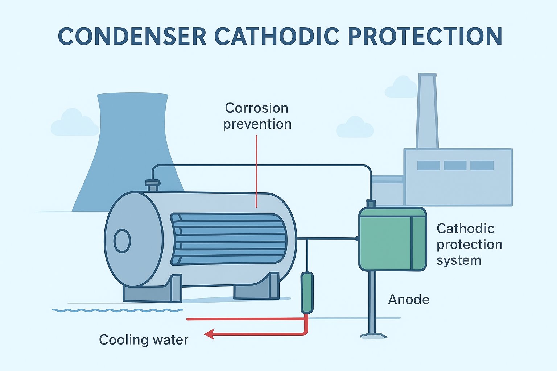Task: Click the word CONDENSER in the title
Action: pos(132,36)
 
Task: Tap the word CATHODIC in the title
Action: pos(277,36)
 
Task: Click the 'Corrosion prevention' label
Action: pos(257,116)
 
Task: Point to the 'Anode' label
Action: pos(409,300)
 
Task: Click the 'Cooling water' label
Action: pos(144,340)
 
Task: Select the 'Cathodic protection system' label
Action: pos(469,244)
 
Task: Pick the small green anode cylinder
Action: pos(307,293)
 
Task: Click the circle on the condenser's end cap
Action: pos(122,241)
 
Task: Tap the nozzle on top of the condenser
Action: pos(153,185)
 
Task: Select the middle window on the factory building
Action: pos(455,165)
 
